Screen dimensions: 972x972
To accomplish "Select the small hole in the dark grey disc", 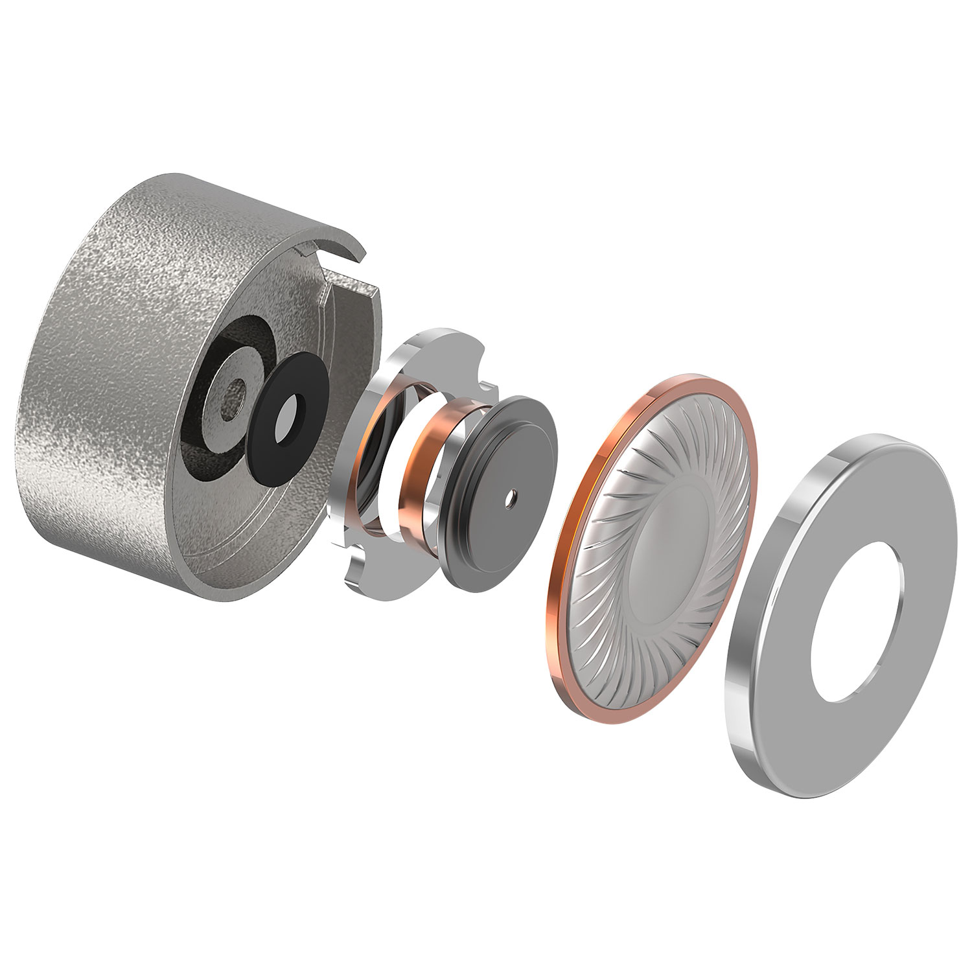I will (x=512, y=498).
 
